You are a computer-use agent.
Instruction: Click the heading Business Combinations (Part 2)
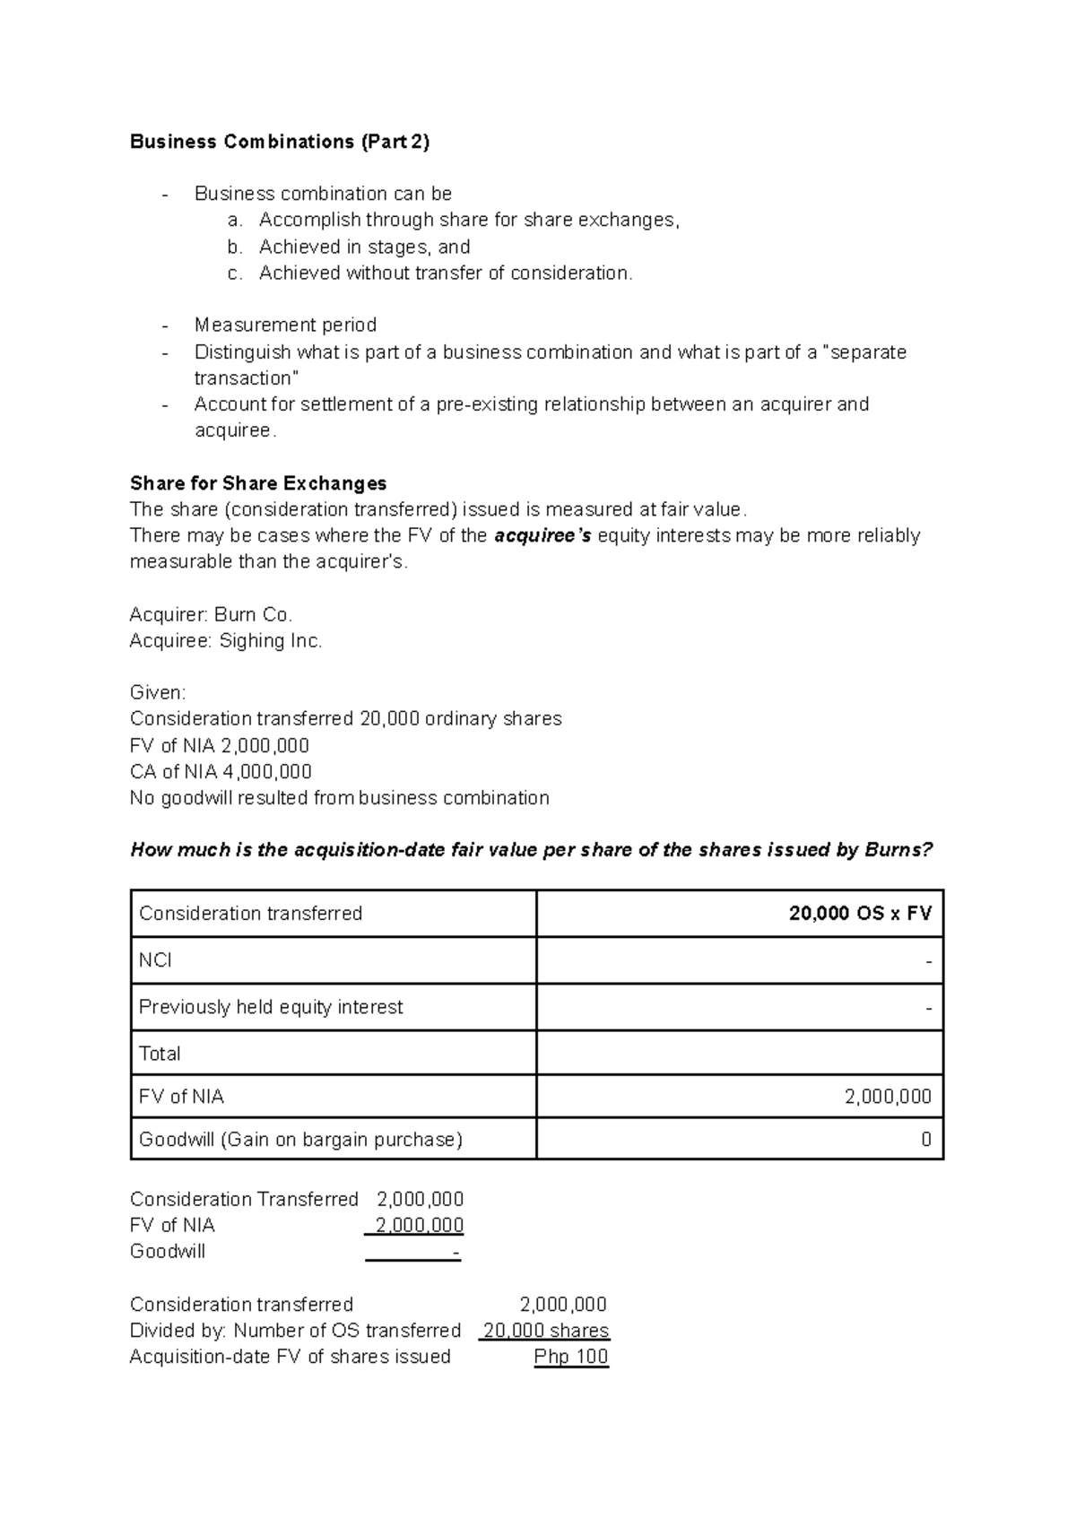280,142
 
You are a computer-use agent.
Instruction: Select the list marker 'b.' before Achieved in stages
235,247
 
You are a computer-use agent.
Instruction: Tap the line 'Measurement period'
285,325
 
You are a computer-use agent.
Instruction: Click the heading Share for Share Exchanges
258,483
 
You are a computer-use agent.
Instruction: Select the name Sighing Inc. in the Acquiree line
271,641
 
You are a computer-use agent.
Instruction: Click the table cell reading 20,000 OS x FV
859,914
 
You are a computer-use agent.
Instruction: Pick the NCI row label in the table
155,960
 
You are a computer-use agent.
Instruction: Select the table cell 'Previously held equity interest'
271,1007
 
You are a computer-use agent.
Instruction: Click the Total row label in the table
160,1054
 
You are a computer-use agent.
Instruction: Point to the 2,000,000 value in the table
888,1097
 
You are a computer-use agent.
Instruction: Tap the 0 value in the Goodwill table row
925,1140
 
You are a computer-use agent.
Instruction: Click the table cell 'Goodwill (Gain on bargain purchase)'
300,1140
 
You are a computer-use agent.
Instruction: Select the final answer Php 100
571,1357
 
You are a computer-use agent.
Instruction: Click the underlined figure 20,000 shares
546,1331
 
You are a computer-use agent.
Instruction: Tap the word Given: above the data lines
158,693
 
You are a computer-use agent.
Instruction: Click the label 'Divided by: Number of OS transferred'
295,1331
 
